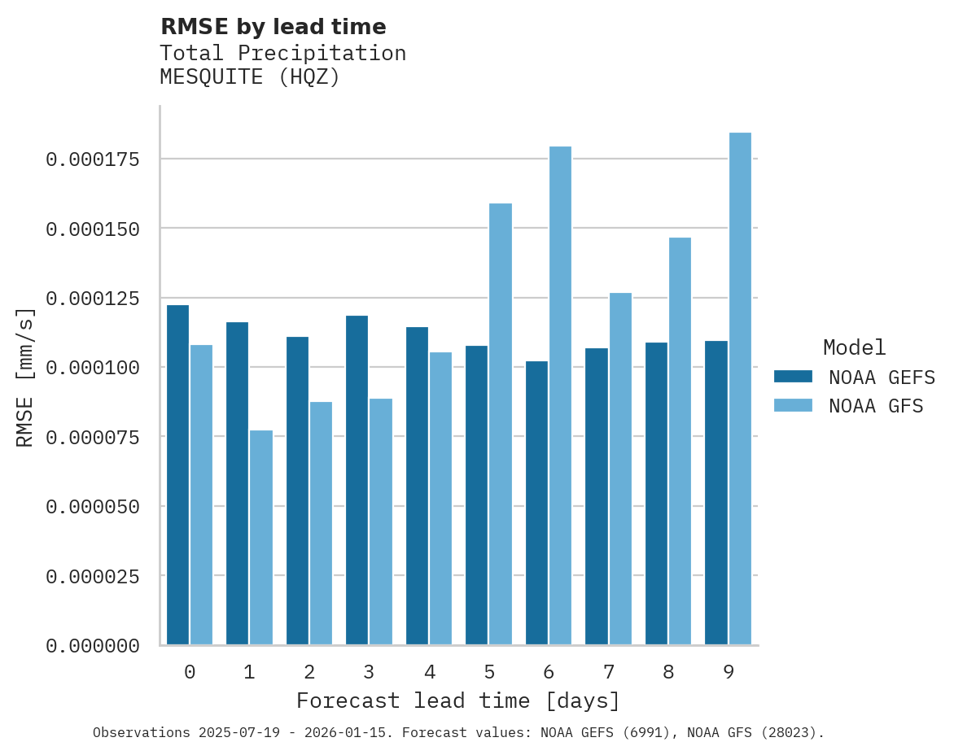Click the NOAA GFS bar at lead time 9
pyautogui.click(x=740, y=389)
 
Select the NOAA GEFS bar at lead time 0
pyautogui.click(x=177, y=475)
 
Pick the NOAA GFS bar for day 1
pyautogui.click(x=261, y=538)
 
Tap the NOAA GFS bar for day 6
pyautogui.click(x=560, y=395)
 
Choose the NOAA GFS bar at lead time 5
pyautogui.click(x=501, y=424)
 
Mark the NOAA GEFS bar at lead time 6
pyautogui.click(x=536, y=503)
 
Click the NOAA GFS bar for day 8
pyautogui.click(x=680, y=441)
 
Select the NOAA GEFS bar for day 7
pyautogui.click(x=597, y=496)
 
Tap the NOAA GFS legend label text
pyautogui.click(x=876, y=406)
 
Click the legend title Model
pyautogui.click(x=854, y=348)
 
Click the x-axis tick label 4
pyautogui.click(x=429, y=673)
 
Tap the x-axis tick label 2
pyautogui.click(x=309, y=673)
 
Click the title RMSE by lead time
pyautogui.click(x=273, y=27)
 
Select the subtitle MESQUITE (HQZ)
pyautogui.click(x=249, y=78)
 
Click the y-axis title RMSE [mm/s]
pyautogui.click(x=25, y=377)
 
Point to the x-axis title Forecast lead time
pyautogui.click(x=457, y=701)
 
